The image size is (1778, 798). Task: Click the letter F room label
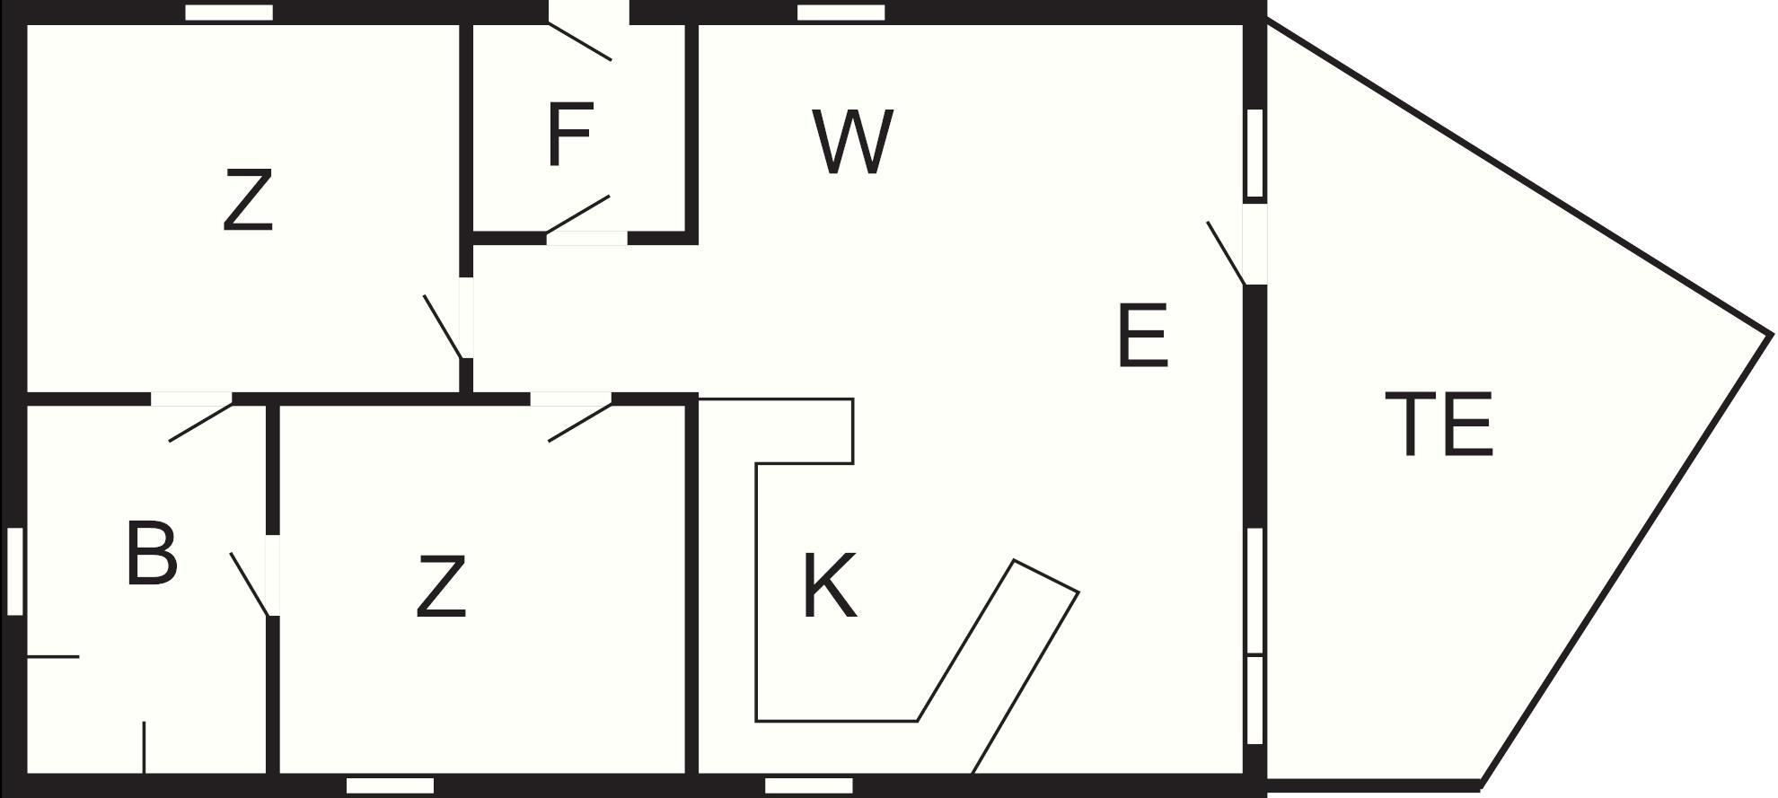pos(569,135)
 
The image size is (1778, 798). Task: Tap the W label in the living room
pos(853,141)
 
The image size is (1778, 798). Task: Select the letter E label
pos(1143,335)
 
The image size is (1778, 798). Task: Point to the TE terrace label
pos(1439,424)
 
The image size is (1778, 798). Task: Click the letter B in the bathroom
pos(151,552)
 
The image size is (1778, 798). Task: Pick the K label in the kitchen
pos(829,585)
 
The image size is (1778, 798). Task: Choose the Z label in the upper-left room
pos(248,201)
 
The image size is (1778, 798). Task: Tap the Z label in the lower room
pos(442,586)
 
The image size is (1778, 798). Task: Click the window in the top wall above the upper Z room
pos(229,13)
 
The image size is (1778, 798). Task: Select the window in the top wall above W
pos(841,13)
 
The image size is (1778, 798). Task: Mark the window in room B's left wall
pos(14,571)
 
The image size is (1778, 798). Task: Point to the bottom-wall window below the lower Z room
pos(390,786)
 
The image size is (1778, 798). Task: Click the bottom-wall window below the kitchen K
pos(808,786)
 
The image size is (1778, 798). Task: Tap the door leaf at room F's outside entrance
pos(580,42)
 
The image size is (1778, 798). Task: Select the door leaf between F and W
pos(578,215)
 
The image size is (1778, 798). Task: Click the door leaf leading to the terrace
pos(1227,254)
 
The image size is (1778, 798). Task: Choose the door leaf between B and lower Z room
pos(250,584)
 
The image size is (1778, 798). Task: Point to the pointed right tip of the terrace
pos(1771,336)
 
